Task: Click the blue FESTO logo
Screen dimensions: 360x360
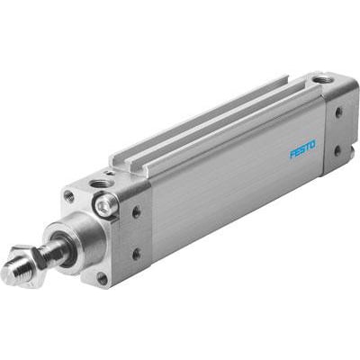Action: pos(303,148)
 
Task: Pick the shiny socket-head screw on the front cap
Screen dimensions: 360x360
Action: pos(107,205)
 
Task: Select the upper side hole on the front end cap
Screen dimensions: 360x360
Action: pos(136,212)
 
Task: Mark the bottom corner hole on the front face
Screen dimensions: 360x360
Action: pos(102,278)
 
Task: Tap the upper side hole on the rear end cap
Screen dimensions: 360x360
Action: pos(339,112)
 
